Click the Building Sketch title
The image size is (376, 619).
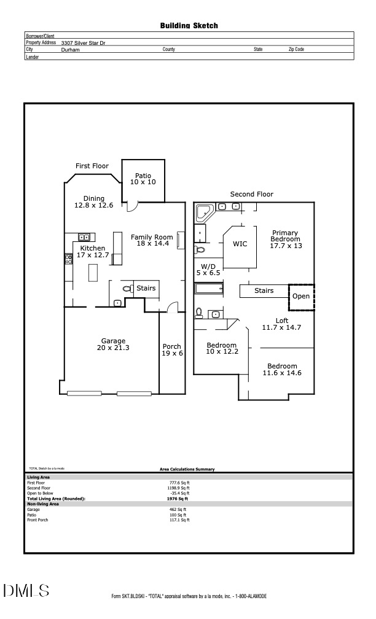click(189, 26)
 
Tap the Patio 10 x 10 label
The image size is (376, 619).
click(143, 179)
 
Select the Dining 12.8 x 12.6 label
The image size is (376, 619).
click(94, 202)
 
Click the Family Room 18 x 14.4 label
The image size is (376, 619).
click(152, 240)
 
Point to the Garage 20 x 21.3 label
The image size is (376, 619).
click(113, 345)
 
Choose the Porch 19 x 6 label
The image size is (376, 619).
click(172, 350)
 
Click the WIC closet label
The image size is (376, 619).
click(240, 244)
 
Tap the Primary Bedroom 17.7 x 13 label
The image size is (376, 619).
click(285, 239)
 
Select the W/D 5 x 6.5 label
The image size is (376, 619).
click(208, 269)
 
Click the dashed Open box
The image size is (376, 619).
click(301, 296)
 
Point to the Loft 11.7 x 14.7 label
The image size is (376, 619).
click(281, 324)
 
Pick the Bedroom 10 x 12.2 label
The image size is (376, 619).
click(221, 349)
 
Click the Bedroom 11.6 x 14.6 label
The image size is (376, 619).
click(282, 370)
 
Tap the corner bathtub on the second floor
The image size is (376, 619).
click(203, 213)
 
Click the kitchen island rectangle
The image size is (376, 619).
click(94, 271)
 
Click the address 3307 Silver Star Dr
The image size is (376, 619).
click(83, 43)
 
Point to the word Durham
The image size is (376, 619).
click(70, 49)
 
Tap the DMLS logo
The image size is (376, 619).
click(26, 591)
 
